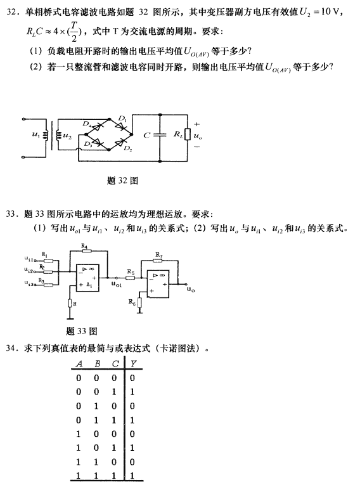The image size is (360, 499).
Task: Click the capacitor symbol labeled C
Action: point(160,135)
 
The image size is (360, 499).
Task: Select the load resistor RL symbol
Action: point(188,134)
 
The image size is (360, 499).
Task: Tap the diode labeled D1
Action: point(121,126)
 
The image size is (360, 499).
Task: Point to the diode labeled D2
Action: point(121,143)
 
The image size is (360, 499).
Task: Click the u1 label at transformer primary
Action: point(36,134)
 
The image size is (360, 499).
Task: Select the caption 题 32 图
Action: point(122,181)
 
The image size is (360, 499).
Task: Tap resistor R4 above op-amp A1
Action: point(86,251)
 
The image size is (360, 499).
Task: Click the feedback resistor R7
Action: point(157,261)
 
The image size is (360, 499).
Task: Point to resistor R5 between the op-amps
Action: point(131,278)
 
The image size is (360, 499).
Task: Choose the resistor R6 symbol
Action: point(139,302)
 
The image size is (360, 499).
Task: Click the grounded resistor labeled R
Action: point(70,303)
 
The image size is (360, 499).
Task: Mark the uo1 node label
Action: point(117,284)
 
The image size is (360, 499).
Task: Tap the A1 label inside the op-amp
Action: point(89,285)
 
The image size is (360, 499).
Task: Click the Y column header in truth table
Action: point(134,363)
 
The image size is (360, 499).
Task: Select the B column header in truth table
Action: point(98,363)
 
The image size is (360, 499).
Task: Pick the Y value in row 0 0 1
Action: point(132,392)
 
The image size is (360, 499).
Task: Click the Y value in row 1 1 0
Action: point(132,462)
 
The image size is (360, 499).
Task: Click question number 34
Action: point(12,348)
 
